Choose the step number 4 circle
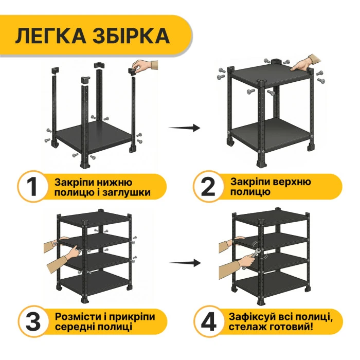(208, 321)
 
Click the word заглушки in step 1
(130, 193)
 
